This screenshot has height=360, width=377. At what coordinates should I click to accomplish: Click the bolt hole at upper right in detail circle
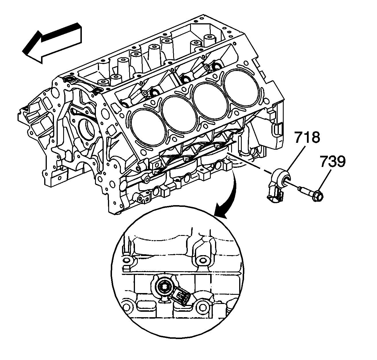[203, 261]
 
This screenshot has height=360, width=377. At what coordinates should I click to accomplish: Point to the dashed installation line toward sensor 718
[250, 164]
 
